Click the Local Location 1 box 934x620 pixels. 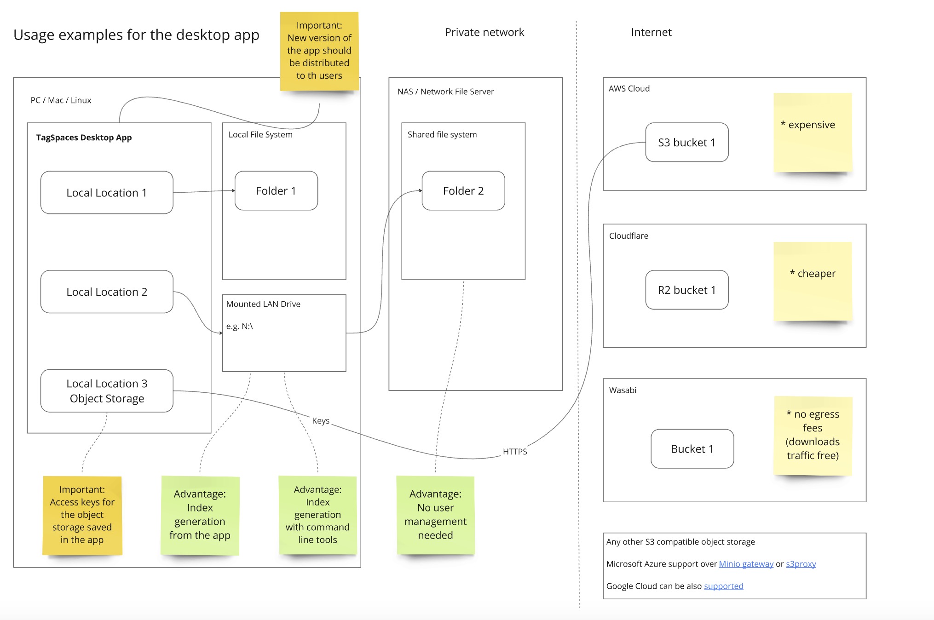tap(107, 193)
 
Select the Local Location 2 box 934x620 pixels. tap(107, 292)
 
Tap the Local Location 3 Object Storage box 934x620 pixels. tap(107, 391)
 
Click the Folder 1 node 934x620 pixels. tap(276, 191)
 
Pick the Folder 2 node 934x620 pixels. tap(463, 191)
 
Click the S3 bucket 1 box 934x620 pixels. tap(686, 143)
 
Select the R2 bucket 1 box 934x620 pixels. tap(686, 290)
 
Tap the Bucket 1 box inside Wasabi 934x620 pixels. tap(692, 449)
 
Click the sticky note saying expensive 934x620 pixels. tap(813, 132)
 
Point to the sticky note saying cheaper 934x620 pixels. tap(813, 281)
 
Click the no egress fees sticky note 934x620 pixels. tap(813, 435)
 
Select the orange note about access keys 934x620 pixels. tap(82, 515)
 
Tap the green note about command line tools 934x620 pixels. tap(317, 515)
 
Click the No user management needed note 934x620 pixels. tap(435, 515)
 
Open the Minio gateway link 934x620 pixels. tap(746, 564)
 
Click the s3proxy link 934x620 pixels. tap(801, 564)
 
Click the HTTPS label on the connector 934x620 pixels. tap(515, 452)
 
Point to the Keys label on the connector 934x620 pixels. tap(321, 421)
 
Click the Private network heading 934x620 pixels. tap(484, 32)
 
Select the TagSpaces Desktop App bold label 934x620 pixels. tap(84, 138)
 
